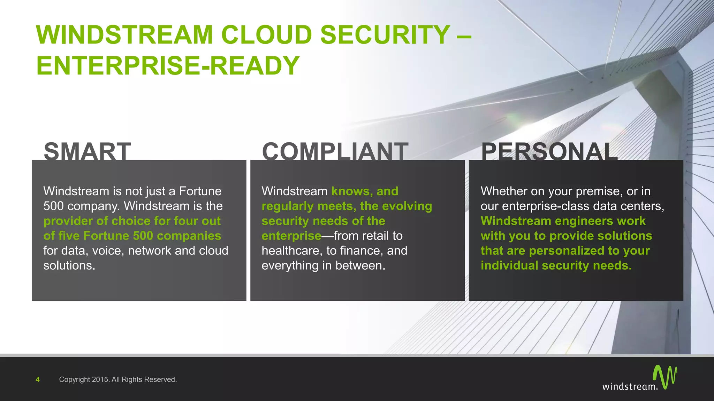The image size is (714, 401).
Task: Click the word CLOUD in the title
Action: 266,35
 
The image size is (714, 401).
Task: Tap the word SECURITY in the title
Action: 385,35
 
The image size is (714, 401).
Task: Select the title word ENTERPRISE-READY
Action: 168,65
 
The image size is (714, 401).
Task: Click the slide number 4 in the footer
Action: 38,379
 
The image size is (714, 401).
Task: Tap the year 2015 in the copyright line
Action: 100,379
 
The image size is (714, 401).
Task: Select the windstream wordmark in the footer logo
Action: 629,386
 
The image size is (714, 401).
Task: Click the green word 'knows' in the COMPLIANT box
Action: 350,191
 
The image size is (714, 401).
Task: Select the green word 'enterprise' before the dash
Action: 291,236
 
